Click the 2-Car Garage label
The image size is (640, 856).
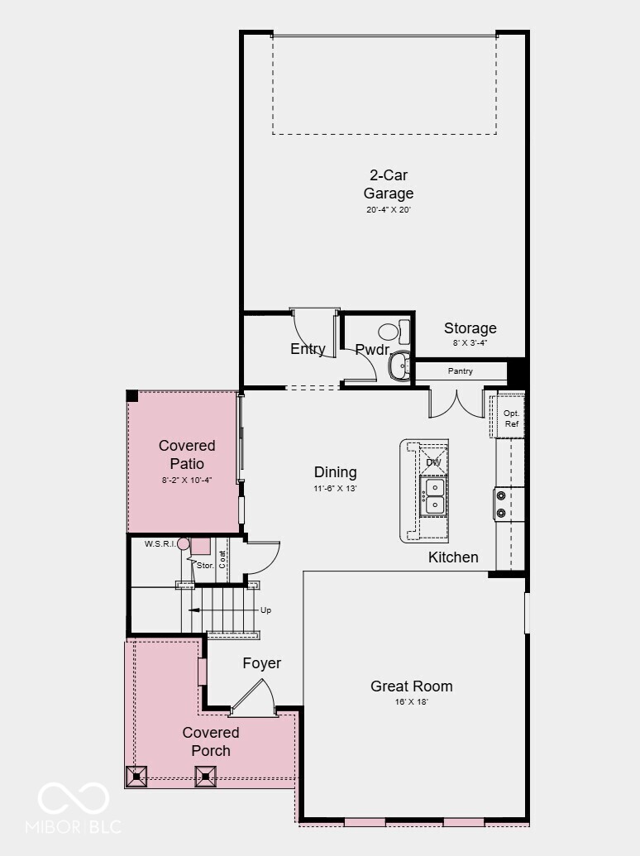pos(389,184)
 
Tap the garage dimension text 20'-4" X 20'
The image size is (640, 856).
pos(389,210)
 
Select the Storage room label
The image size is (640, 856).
pos(470,328)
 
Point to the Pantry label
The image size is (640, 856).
pos(461,371)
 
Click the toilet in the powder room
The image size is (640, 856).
pos(394,332)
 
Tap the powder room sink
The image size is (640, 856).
pos(399,365)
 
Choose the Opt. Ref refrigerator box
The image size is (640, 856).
pos(511,418)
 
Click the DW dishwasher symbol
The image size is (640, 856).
pos(434,461)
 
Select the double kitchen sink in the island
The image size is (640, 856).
pos(434,496)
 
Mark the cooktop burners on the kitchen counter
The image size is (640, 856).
pos(501,504)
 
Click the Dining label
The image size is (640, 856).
pos(335,472)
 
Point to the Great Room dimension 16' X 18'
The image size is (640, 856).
pos(411,701)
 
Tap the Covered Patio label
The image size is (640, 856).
pos(187,455)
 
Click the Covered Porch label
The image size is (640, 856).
pos(211,742)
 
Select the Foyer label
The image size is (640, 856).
pos(261,663)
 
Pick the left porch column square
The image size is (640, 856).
pos(136,776)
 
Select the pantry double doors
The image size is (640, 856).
pos(456,403)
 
